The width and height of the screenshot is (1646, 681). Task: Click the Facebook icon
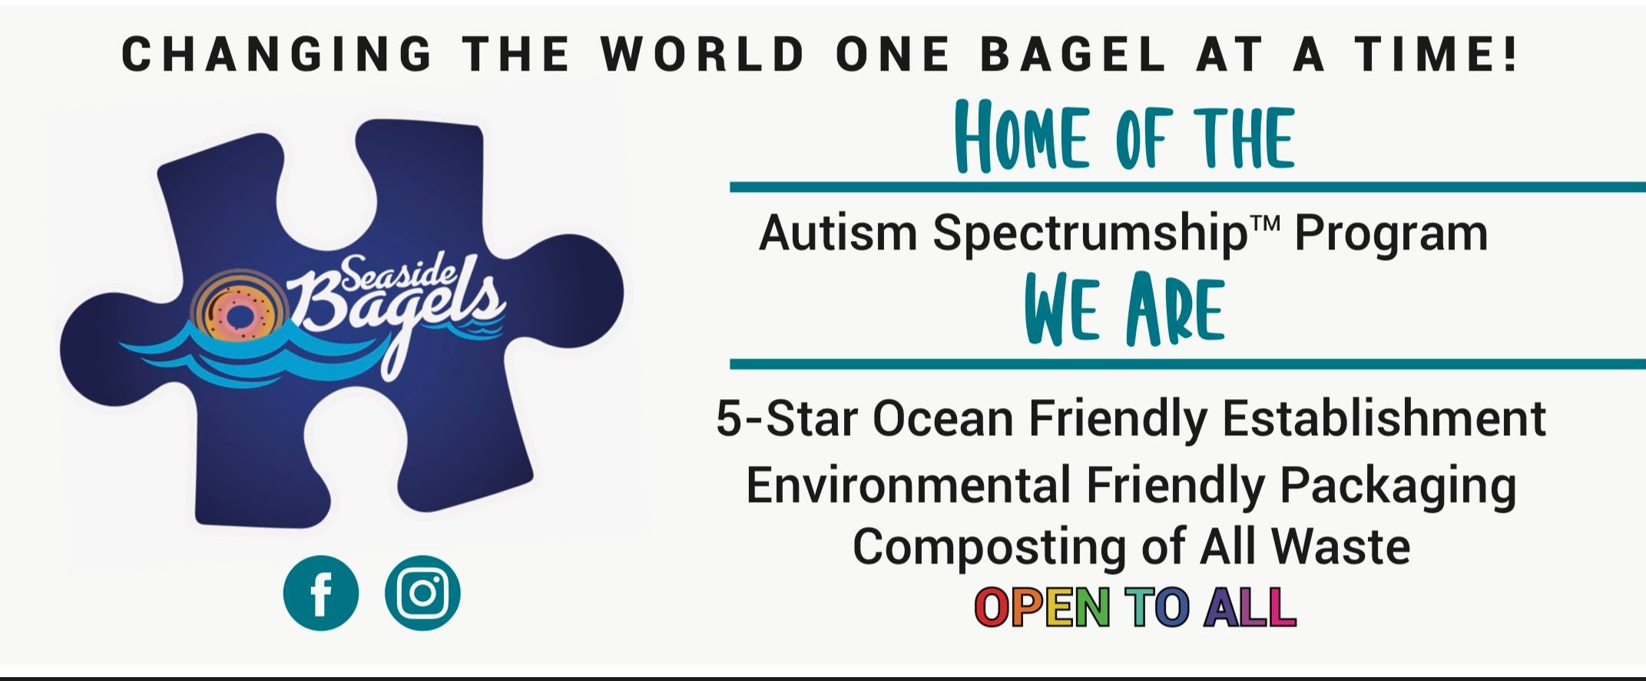[321, 593]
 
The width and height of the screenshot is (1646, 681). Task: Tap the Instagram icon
[422, 593]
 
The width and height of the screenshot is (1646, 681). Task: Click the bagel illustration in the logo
[239, 311]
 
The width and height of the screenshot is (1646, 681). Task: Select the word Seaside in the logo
[399, 273]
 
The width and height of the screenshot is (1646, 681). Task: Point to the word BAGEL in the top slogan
[1074, 55]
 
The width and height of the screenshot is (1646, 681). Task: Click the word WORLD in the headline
[703, 55]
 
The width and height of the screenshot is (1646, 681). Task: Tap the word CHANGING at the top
[277, 55]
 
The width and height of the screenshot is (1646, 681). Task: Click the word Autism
[838, 232]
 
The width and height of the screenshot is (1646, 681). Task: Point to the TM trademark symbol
[1265, 223]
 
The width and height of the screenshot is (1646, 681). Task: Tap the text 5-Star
[788, 418]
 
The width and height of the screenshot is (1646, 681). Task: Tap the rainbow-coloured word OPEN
[1042, 607]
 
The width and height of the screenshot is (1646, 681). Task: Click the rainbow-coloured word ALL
[1250, 607]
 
